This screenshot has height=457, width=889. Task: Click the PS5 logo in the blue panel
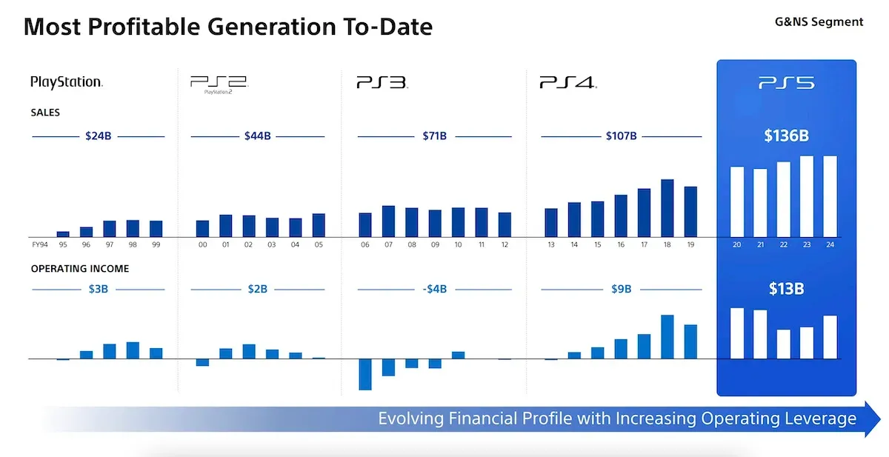click(786, 83)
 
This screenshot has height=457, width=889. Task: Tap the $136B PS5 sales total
click(785, 136)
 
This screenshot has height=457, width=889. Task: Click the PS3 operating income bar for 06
click(364, 374)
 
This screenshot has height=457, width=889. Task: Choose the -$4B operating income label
click(434, 289)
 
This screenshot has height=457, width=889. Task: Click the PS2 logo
click(218, 84)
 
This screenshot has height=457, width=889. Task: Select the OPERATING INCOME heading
click(80, 269)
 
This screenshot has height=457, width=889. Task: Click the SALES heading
click(45, 113)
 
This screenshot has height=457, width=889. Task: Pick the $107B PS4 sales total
click(620, 136)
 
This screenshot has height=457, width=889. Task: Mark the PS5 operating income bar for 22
click(783, 344)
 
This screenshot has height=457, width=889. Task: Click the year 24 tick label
click(830, 244)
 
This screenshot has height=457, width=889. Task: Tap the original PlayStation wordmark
click(66, 82)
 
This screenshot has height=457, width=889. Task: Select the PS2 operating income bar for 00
click(202, 362)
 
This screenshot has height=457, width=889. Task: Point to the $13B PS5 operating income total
click(785, 289)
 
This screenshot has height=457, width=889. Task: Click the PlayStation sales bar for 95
click(63, 234)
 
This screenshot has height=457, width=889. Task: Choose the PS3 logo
click(381, 83)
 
